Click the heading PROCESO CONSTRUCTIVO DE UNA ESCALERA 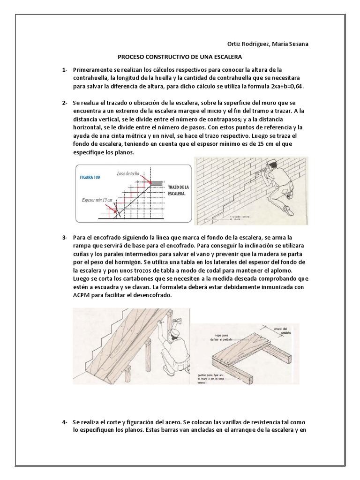[x=180, y=57]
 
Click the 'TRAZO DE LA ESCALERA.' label [x=177, y=189]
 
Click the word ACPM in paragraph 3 [x=82, y=296]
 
